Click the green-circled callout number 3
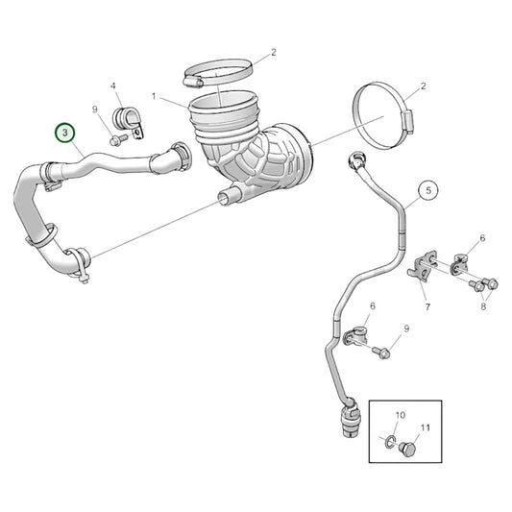[x=65, y=132]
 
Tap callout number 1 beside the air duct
[x=153, y=97]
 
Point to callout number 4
[x=114, y=86]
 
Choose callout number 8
[x=483, y=305]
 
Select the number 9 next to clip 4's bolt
[x=96, y=110]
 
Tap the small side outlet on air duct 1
[x=228, y=198]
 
